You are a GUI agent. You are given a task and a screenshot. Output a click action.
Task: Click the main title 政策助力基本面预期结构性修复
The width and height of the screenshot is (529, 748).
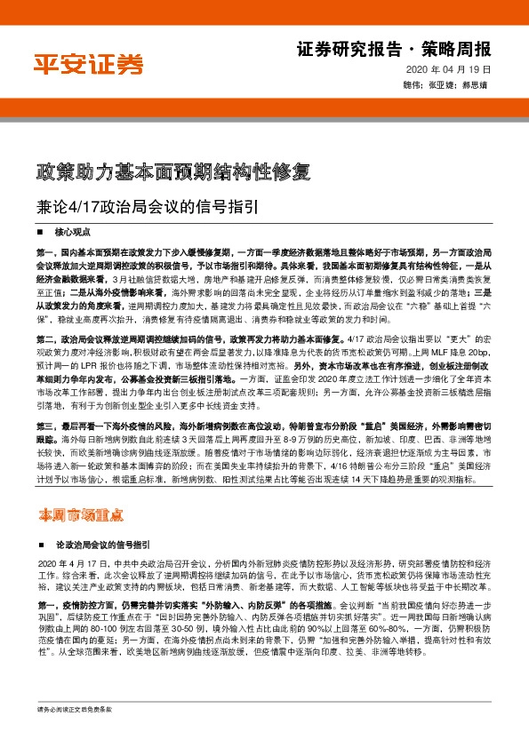point(172,171)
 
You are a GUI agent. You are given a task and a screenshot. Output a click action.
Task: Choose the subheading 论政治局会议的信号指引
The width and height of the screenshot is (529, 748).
point(102,543)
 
